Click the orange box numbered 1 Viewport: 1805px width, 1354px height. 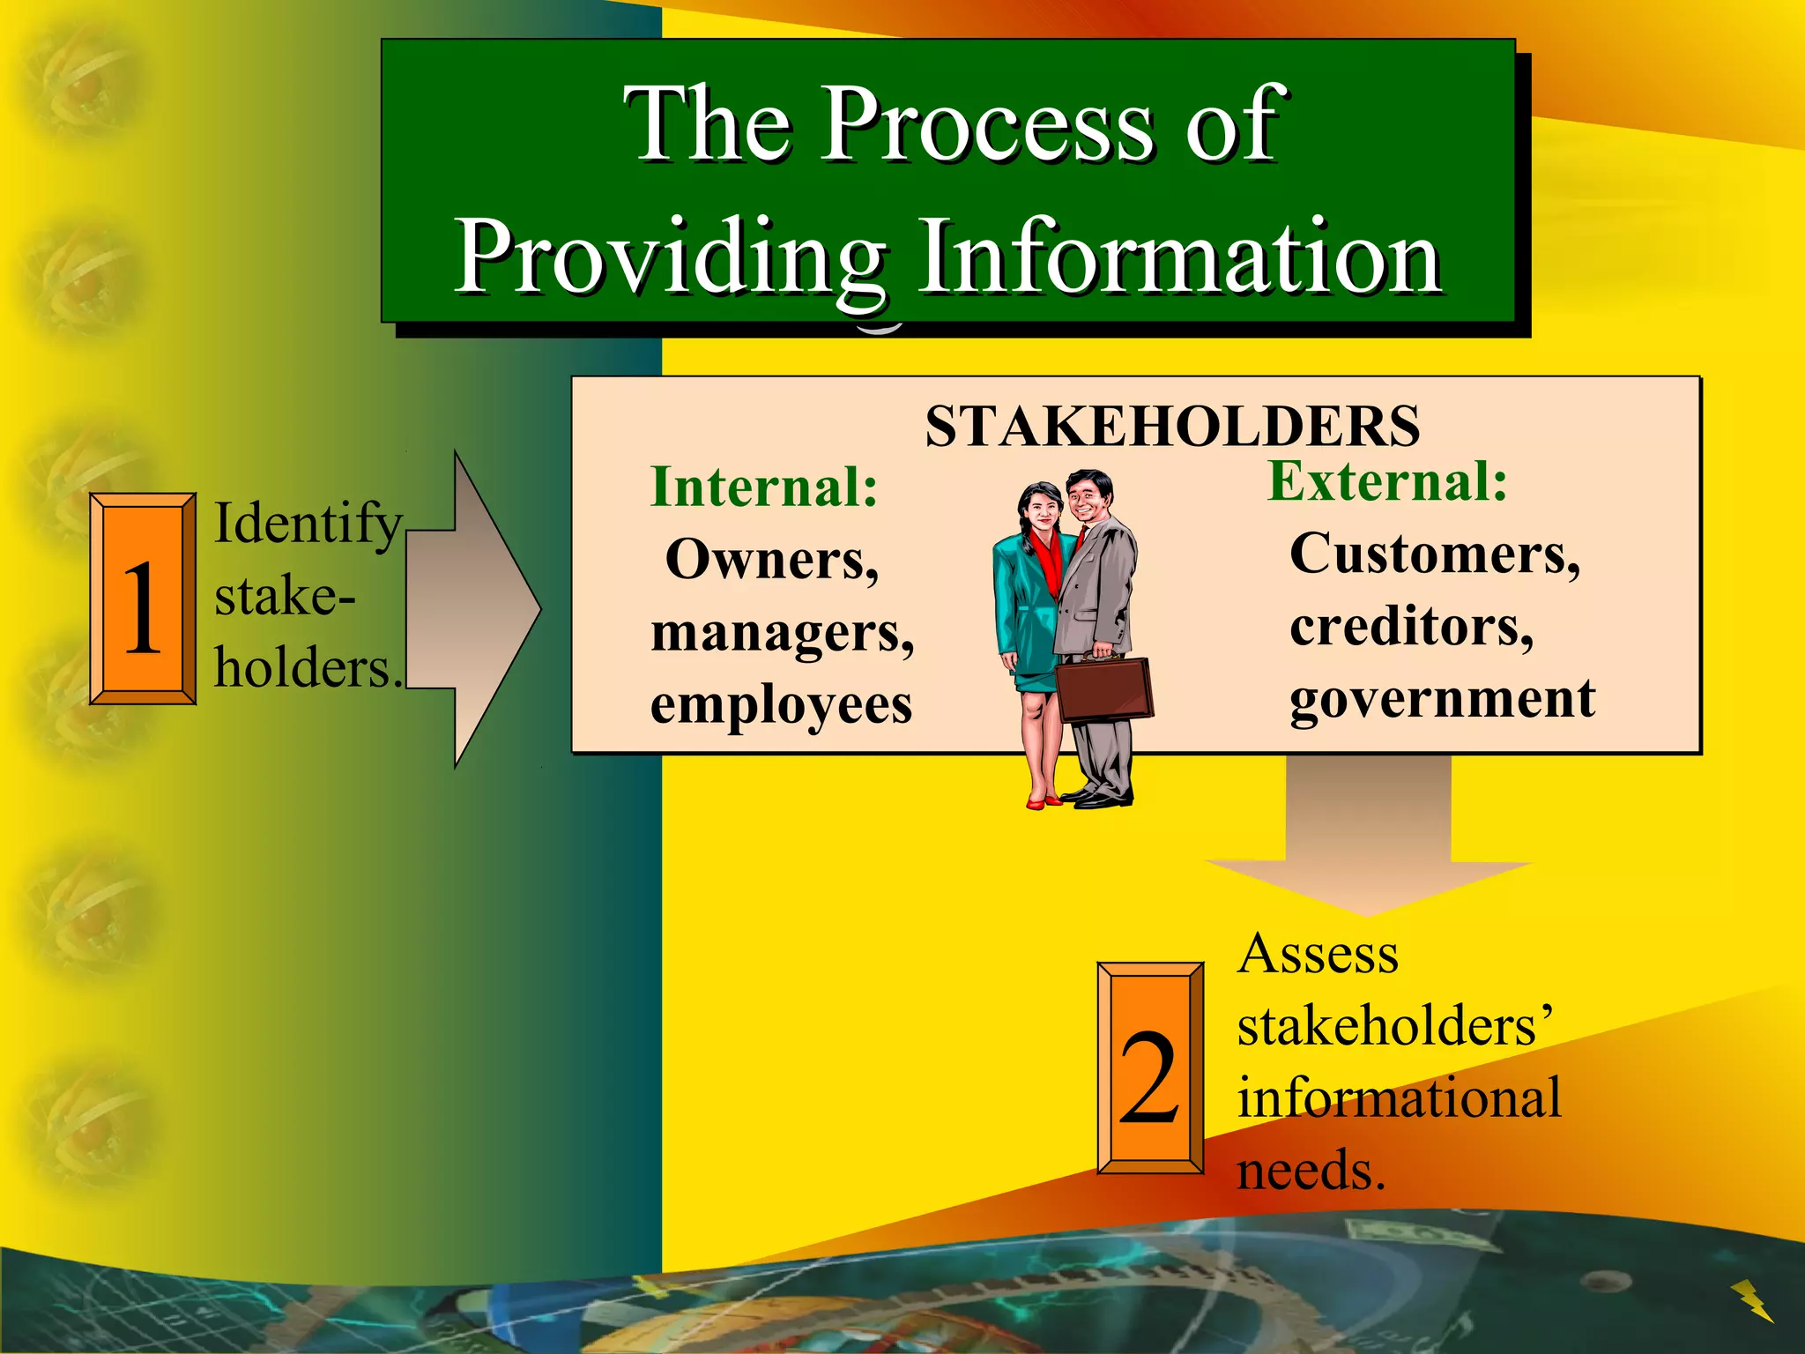pos(143,599)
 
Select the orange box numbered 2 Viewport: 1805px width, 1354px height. pos(1150,1068)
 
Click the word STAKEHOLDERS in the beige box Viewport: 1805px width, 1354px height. pos(1171,427)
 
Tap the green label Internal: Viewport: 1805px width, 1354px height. pos(764,487)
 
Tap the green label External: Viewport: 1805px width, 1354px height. pos(1387,481)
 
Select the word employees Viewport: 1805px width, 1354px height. pos(781,705)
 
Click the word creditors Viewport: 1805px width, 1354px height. pos(1411,627)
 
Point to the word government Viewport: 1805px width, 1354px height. pos(1442,699)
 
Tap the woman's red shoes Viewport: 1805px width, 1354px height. pos(1044,801)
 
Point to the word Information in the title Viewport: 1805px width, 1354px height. pos(1179,257)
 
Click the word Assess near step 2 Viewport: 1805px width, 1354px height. pos(1318,955)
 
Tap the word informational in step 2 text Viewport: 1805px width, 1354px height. pos(1399,1098)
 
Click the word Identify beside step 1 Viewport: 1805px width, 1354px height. pos(308,524)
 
